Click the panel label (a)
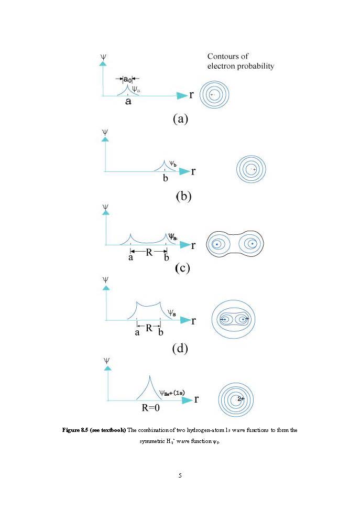pyautogui.click(x=180, y=120)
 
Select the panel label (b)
pyautogui.click(x=183, y=197)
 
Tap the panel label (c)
pyautogui.click(x=182, y=268)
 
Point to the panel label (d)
pyautogui.click(x=180, y=348)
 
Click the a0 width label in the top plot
pyautogui.click(x=127, y=79)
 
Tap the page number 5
pyautogui.click(x=180, y=475)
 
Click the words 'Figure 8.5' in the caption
pyautogui.click(x=75, y=430)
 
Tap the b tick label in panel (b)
pyautogui.click(x=165, y=178)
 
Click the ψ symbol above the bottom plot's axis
pyautogui.click(x=107, y=361)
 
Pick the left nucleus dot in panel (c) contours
pyautogui.click(x=216, y=244)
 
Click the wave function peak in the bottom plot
pyautogui.click(x=150, y=375)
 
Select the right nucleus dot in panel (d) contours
pyautogui.click(x=243, y=319)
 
